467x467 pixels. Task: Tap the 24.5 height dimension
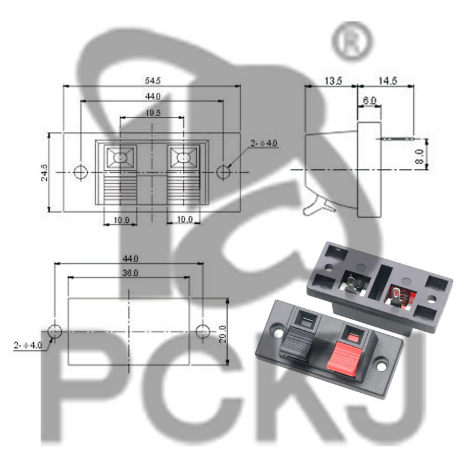coord(45,172)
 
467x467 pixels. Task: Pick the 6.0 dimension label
coord(370,101)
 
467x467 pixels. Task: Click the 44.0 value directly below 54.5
coord(151,96)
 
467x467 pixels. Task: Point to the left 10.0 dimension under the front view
coord(121,219)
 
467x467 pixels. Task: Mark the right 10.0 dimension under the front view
coord(184,219)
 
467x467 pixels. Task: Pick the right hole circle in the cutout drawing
coord(202,331)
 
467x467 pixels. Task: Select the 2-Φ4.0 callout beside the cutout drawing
coord(27,346)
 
